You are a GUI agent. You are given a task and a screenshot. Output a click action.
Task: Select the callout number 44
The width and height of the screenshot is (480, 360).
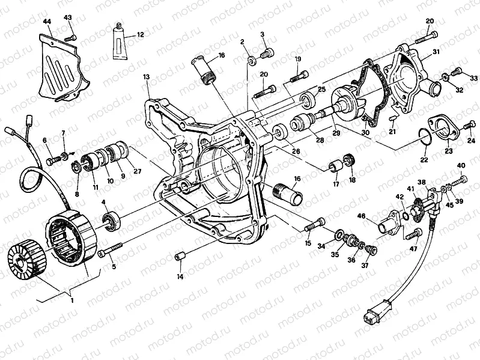pyautogui.click(x=47, y=22)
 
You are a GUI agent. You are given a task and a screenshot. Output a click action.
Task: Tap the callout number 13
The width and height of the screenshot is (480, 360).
pyautogui.click(x=147, y=76)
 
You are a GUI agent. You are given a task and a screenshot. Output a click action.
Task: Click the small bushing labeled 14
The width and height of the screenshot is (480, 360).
pyautogui.click(x=180, y=257)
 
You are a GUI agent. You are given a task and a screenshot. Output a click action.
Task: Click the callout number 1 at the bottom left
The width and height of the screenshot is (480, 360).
pyautogui.click(x=72, y=301)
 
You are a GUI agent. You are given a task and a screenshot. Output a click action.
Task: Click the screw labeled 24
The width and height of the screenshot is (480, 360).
pyautogui.click(x=469, y=126)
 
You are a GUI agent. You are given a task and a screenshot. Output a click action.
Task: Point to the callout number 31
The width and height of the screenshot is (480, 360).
pyautogui.click(x=436, y=52)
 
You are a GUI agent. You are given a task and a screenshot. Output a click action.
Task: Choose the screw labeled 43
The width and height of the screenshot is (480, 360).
pyautogui.click(x=70, y=38)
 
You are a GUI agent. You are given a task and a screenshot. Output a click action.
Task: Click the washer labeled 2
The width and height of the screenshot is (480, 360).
pyautogui.click(x=251, y=59)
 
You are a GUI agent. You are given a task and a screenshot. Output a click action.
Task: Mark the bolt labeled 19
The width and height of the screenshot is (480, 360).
pyautogui.click(x=297, y=76)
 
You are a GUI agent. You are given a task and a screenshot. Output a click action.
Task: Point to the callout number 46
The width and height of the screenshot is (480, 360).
pyautogui.click(x=361, y=217)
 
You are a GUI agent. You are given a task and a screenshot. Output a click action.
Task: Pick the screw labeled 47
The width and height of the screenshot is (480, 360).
pyautogui.click(x=412, y=234)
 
